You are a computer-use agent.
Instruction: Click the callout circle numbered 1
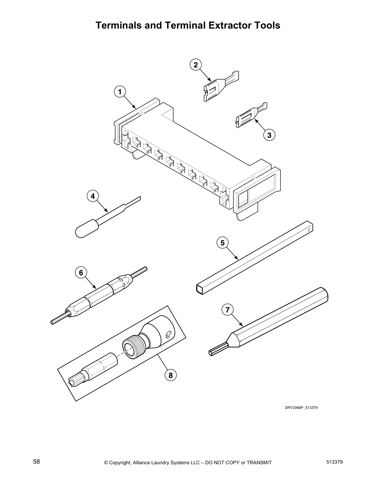tap(120, 92)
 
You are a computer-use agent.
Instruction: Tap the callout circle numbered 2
tap(196, 65)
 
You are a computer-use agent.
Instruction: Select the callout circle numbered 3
tap(269, 135)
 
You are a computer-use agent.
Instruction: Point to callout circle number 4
tap(93, 196)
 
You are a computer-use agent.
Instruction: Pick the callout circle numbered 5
tap(222, 243)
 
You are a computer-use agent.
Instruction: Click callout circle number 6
tap(81, 273)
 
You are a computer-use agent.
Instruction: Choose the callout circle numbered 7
tap(227, 310)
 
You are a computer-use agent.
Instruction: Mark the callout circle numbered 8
tap(170, 375)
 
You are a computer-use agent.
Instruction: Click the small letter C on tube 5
tap(309, 230)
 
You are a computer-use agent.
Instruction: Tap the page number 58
tap(37, 461)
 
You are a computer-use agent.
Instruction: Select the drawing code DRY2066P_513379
tap(301, 408)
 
